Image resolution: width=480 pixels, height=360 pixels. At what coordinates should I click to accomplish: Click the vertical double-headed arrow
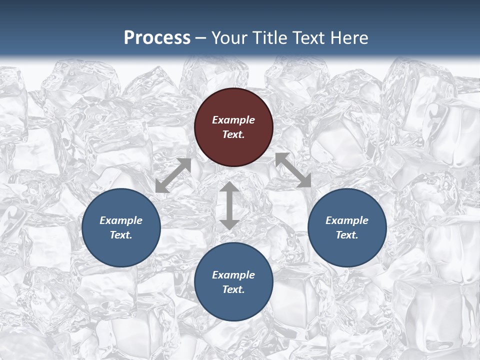tap(229, 205)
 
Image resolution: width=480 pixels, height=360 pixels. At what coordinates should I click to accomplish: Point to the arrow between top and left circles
tap(173, 175)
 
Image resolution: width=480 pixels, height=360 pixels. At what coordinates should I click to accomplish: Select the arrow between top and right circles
tap(293, 170)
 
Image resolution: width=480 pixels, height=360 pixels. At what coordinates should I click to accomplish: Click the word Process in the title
tap(157, 37)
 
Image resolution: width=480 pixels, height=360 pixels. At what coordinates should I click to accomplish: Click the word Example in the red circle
tap(233, 120)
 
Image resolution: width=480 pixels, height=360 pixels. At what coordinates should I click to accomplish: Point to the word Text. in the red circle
tap(233, 134)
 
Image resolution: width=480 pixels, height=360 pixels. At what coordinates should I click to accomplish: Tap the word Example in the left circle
tap(121, 220)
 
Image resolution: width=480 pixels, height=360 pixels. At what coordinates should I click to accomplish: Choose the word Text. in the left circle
tap(121, 235)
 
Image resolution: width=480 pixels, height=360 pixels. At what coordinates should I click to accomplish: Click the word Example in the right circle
tap(347, 220)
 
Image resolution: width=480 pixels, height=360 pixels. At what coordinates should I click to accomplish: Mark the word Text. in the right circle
tap(347, 235)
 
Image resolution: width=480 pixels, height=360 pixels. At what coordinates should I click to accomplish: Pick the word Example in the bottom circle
tap(233, 275)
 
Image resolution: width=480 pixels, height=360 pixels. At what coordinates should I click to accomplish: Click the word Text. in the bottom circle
tap(233, 289)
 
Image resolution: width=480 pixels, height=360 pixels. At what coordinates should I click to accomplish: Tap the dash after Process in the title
tap(200, 38)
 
